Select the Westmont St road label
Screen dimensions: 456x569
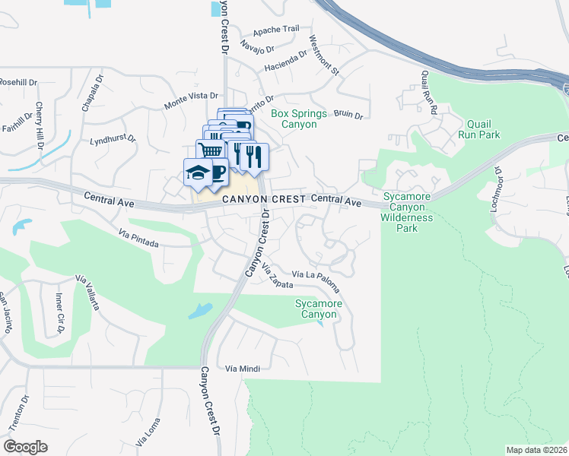coord(324,54)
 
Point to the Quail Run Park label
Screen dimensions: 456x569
coord(478,128)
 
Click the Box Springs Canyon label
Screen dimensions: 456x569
coord(299,119)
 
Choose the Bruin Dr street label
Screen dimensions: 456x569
coord(348,115)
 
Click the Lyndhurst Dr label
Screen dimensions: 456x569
coord(112,140)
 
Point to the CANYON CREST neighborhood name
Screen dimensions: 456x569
coord(263,198)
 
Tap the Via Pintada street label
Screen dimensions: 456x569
coord(138,240)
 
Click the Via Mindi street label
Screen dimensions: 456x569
coord(243,369)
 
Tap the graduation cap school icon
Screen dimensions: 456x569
coord(197,173)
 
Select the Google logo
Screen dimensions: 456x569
coord(25,446)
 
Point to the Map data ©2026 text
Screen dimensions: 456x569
coord(536,450)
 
